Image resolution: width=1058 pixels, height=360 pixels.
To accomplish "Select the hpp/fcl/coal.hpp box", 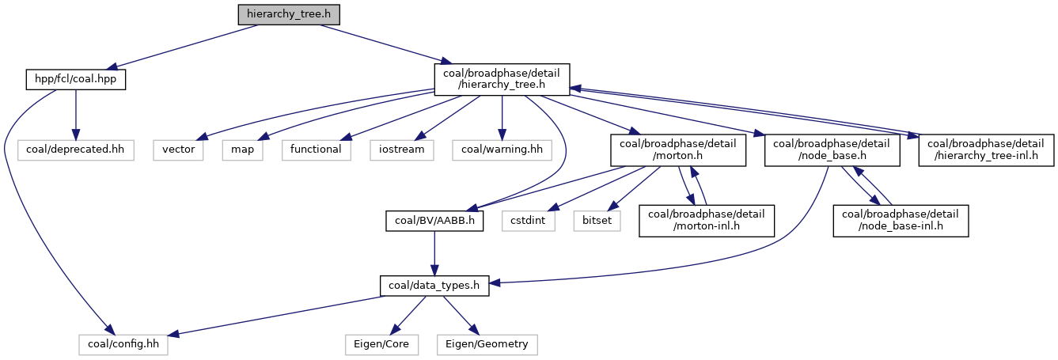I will [75, 79].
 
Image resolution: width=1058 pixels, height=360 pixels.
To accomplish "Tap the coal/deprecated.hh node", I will [75, 149].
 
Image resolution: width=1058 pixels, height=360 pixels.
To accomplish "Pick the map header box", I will [243, 149].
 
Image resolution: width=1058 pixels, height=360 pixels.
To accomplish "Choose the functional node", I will [316, 149].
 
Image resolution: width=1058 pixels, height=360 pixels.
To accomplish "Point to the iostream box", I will [402, 149].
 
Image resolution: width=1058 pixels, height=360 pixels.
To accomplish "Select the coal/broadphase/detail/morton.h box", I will [678, 150].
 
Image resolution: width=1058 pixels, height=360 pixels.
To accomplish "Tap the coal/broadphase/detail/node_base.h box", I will [832, 150].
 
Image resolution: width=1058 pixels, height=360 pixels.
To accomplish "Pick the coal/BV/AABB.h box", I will [435, 220].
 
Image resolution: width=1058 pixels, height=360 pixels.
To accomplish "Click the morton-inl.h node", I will [707, 221].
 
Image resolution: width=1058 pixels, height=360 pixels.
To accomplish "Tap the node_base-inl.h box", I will [901, 221].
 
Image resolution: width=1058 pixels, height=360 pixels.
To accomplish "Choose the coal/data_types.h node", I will [434, 286].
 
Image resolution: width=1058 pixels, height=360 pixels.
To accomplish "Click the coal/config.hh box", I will [123, 345].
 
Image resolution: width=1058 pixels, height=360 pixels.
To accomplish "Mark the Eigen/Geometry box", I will [487, 345].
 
